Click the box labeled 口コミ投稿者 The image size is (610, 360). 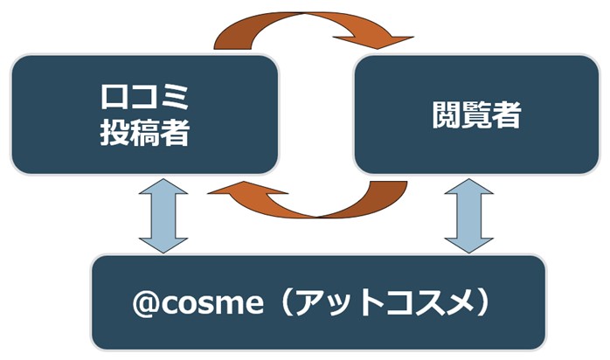coord(145,114)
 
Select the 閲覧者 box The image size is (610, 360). coord(476,114)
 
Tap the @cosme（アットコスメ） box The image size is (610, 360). coord(318,302)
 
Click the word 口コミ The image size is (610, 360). coord(145,97)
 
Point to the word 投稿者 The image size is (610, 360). coord(145,133)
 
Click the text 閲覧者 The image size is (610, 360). coord(476,115)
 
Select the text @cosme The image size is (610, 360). coord(198,303)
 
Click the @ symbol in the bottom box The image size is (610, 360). coord(145,304)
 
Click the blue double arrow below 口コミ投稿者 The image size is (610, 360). coord(163,216)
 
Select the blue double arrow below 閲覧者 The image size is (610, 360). coord(468,216)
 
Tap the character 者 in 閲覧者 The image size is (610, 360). coord(507,115)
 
